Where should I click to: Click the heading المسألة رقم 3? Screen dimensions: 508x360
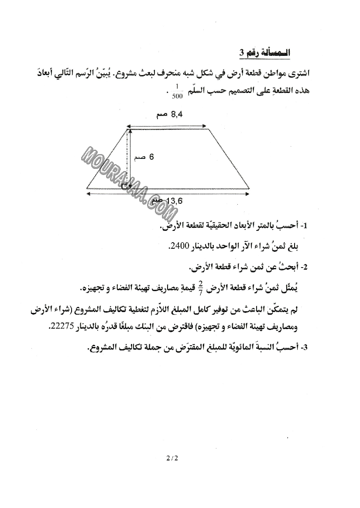coord(264,52)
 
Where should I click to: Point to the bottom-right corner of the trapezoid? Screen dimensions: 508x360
coord(249,189)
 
